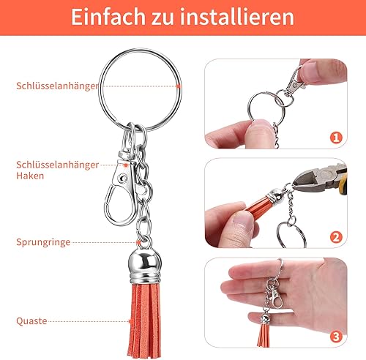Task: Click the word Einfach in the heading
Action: tap(108, 17)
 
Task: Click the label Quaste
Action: tap(31, 321)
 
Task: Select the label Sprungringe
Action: tap(43, 242)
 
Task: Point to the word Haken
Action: tap(30, 176)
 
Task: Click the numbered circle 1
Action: tap(336, 138)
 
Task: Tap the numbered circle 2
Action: tap(336, 237)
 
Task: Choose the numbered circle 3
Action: tap(336, 337)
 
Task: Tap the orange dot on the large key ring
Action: tap(179, 86)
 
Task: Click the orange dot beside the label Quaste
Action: tap(130, 321)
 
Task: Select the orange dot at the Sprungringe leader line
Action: tap(138, 242)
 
